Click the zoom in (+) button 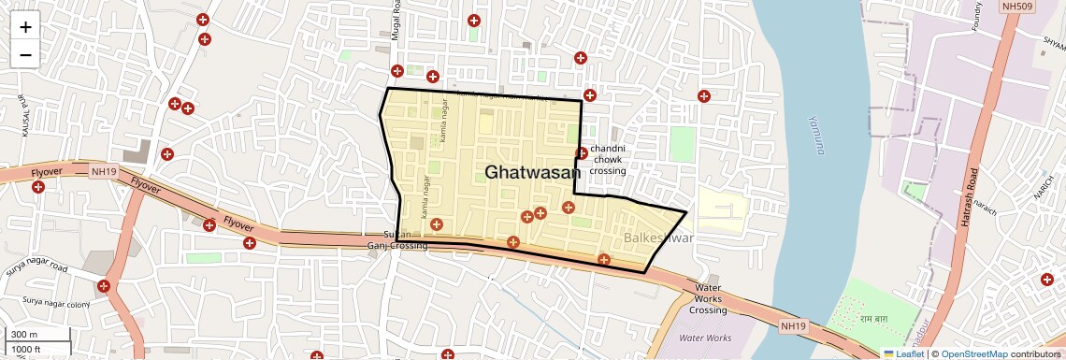[x=25, y=26]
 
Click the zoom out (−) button [x=25, y=54]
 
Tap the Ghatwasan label [x=533, y=172]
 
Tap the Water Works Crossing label [x=708, y=299]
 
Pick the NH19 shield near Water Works [x=792, y=325]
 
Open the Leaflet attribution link [x=904, y=354]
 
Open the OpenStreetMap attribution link [x=973, y=354]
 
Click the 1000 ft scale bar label [x=28, y=349]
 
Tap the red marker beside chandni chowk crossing [x=582, y=153]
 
